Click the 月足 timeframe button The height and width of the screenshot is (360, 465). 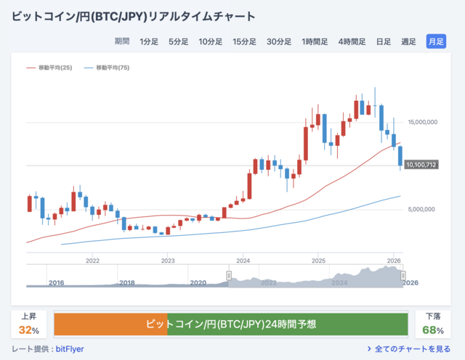point(436,41)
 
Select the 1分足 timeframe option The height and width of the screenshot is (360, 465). point(149,41)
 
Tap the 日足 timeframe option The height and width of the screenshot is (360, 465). point(383,41)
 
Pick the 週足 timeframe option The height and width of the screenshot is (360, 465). point(408,41)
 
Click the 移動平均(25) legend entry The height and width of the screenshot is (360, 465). point(52,67)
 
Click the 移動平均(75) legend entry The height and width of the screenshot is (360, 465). point(110,67)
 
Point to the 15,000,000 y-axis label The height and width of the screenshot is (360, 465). point(422,122)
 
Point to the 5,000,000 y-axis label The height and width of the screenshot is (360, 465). point(422,209)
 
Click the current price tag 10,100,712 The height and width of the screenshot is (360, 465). point(421,165)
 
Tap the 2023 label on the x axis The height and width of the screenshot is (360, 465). point(168,260)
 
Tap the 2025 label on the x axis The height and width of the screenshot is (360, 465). point(318,260)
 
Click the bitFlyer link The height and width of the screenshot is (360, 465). point(70,349)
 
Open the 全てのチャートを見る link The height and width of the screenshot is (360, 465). point(412,349)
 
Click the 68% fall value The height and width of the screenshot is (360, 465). point(434,330)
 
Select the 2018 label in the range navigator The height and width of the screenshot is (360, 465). point(126,282)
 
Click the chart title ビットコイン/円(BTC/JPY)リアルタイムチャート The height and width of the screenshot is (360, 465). point(133,15)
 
